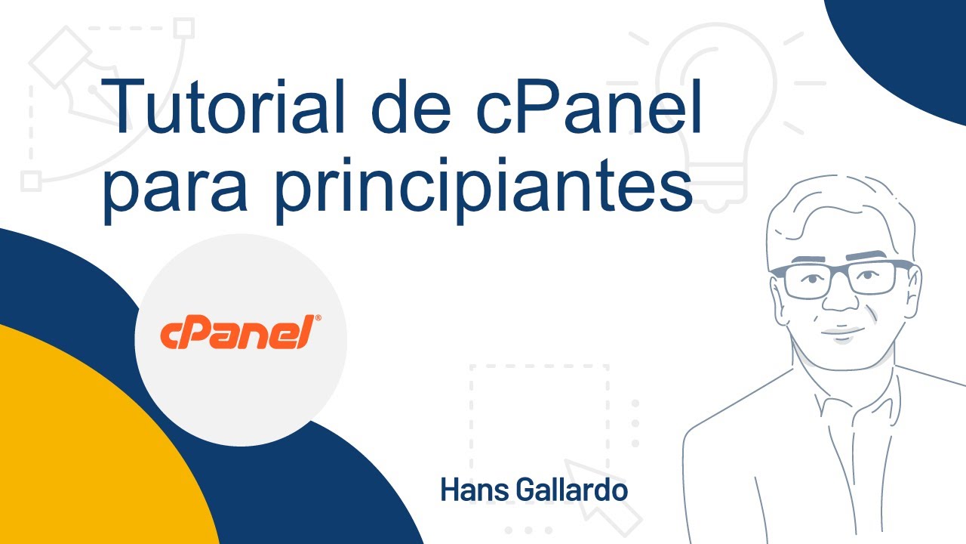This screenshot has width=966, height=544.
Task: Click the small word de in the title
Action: (x=399, y=107)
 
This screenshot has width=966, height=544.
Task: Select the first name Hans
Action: (x=476, y=490)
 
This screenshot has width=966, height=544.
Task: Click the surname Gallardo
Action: (x=574, y=490)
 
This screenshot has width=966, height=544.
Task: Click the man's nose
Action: (x=836, y=298)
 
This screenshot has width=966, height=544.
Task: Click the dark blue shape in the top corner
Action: (x=906, y=45)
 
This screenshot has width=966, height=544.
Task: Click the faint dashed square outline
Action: (x=539, y=423)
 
